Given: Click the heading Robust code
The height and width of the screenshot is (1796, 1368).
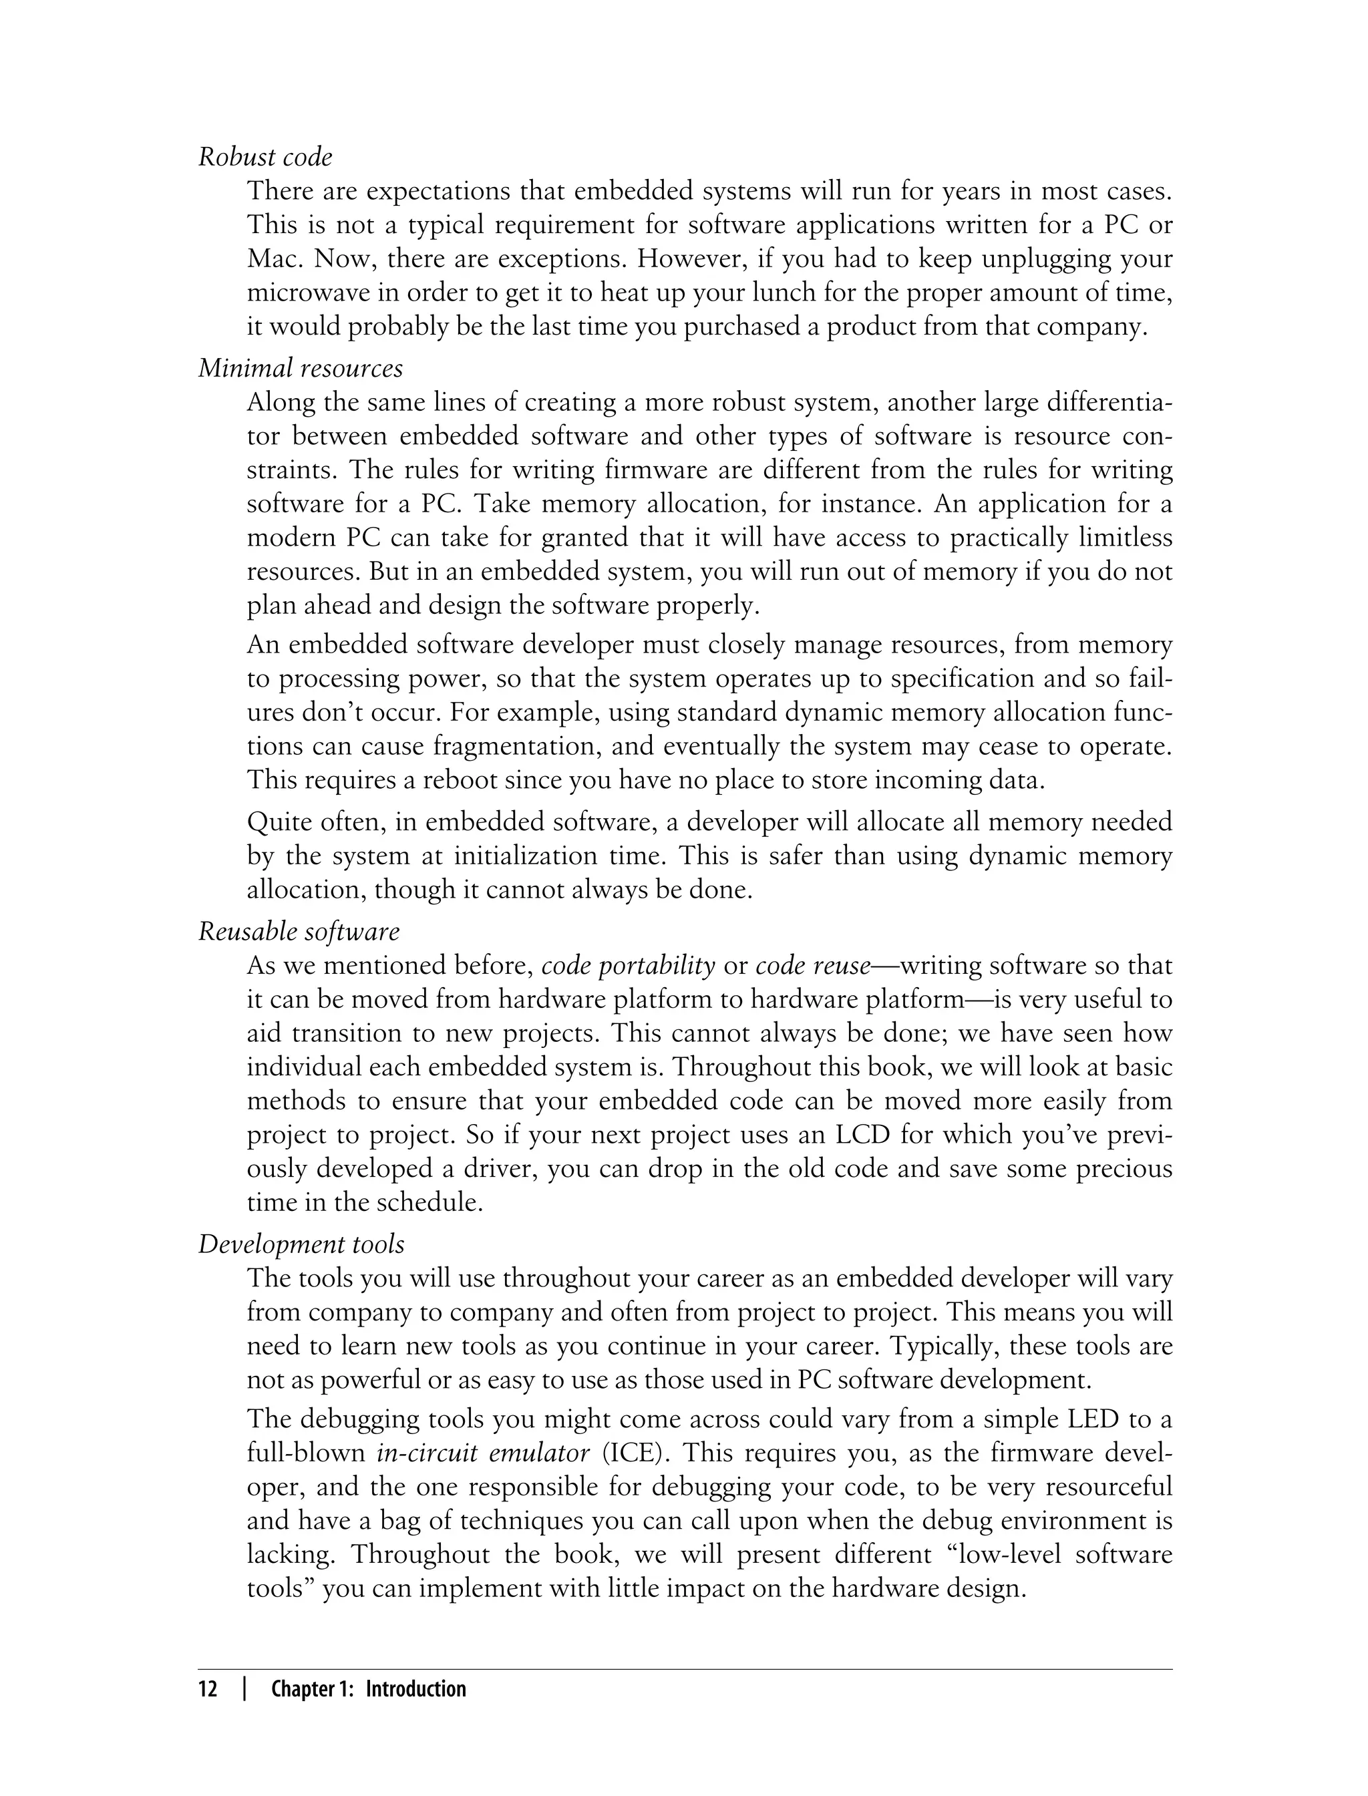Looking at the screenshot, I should pos(265,156).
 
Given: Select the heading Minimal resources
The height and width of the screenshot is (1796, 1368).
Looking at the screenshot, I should pos(301,368).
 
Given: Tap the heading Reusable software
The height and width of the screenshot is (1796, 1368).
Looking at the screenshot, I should pos(299,931).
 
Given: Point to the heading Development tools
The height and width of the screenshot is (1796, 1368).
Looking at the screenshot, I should pos(301,1244).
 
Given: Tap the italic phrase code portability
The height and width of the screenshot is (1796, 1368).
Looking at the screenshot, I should pos(628,966).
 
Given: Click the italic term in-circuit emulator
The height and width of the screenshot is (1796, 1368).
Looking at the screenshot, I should pos(484,1453).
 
